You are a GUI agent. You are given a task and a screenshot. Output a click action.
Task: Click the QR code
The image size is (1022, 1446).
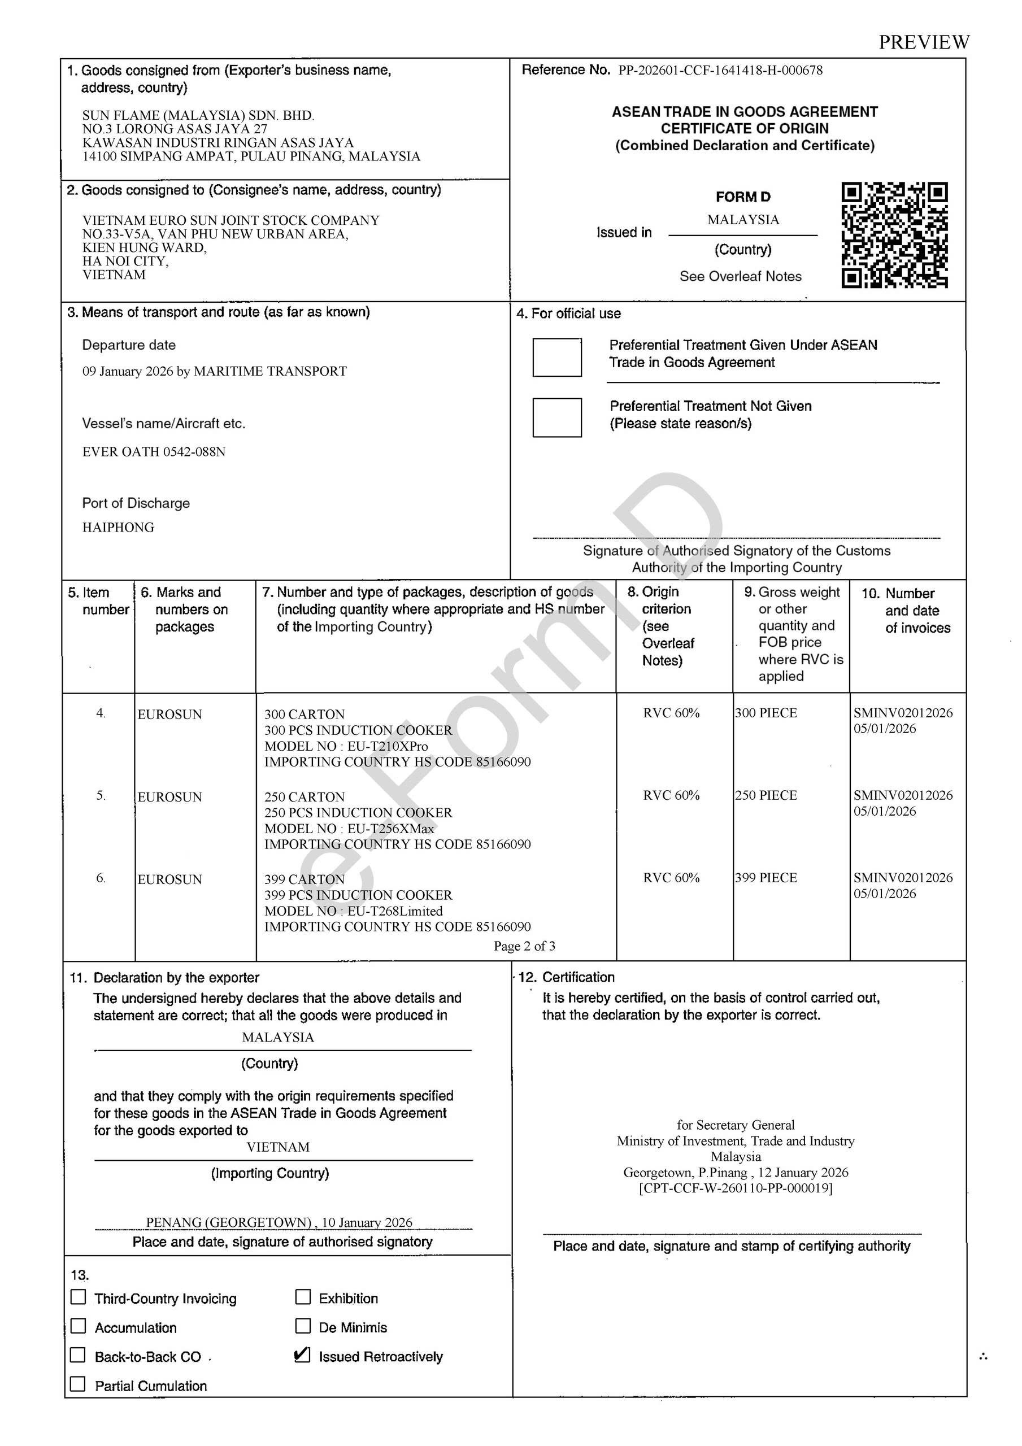coord(894,235)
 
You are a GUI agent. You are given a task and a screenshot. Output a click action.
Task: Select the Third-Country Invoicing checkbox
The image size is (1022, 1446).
coord(79,1297)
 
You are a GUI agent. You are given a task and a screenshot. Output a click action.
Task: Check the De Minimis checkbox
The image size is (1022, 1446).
coord(303,1326)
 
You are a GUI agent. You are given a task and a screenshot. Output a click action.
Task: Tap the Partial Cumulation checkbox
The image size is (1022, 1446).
coord(78,1384)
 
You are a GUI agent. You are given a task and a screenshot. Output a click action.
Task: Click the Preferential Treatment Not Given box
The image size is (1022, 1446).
coord(556,417)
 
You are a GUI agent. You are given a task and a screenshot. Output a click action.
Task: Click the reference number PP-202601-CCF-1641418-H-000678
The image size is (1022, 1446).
coord(720,71)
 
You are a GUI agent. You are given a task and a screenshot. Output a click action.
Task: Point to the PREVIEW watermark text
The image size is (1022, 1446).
coord(924,42)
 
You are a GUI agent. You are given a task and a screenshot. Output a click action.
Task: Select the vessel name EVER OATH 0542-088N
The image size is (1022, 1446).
coord(154,451)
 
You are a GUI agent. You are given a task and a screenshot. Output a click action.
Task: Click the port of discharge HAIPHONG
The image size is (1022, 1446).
coord(118,527)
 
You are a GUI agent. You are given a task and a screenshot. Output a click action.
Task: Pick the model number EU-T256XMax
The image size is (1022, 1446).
coord(390,828)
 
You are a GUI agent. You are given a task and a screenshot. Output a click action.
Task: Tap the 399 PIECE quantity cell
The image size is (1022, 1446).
coord(766,877)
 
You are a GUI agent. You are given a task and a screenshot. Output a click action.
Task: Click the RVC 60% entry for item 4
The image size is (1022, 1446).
coord(671,713)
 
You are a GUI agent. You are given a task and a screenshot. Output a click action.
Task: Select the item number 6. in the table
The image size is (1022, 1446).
coord(101,878)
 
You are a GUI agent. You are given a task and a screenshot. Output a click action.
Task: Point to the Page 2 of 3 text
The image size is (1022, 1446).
coord(524,946)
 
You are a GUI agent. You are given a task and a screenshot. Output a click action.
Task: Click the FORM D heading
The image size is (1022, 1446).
coord(743,197)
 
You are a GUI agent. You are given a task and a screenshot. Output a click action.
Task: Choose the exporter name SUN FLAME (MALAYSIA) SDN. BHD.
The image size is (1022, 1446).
coord(198,115)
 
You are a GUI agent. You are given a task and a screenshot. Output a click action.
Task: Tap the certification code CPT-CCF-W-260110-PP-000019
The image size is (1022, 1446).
coord(736,1188)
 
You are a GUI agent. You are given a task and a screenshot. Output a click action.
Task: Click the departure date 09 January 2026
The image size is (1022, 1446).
coord(128,372)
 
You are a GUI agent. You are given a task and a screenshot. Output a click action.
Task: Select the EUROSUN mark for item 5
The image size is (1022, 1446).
coord(170,796)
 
